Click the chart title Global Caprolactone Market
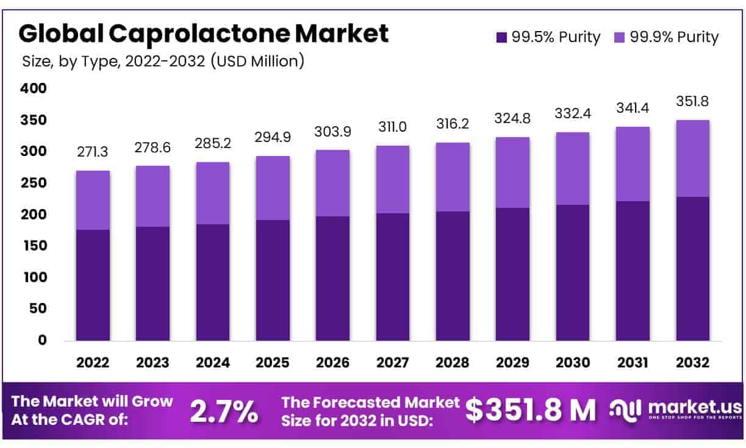203,34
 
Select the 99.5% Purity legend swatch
501,37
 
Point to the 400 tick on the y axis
34,89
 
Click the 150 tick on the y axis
34,246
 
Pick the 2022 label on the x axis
93,363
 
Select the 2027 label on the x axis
392,363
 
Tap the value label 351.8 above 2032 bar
692,101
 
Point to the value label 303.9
332,132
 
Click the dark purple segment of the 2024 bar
212,282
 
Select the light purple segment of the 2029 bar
512,172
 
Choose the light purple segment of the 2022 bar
93,200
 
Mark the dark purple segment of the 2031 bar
633,271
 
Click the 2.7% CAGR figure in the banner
223,411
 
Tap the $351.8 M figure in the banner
530,410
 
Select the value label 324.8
512,119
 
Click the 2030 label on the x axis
572,363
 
